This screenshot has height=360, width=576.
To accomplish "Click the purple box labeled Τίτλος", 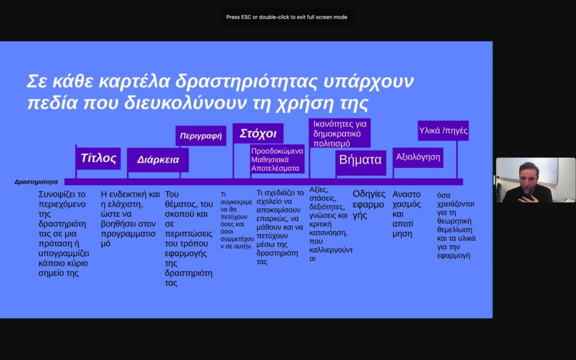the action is pos(98,158).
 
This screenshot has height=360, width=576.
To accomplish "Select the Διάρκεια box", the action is pos(158,160).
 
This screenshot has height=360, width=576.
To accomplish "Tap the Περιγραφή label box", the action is pos(201,136).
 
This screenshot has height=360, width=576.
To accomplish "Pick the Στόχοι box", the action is pos(258,133).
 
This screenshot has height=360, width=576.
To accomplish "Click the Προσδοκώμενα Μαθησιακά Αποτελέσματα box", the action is pos(277,159).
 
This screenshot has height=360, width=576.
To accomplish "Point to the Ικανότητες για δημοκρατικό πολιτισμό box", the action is pos(340,133).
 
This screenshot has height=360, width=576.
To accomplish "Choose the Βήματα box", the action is pos(361,160).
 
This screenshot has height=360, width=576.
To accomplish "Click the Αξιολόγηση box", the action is pos(418,157).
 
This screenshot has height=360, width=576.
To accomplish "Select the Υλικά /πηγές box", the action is pos(443,130).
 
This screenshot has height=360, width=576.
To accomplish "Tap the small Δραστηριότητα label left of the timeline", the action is pos(37,182).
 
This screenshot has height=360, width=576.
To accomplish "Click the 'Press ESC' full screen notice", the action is pos(286,17).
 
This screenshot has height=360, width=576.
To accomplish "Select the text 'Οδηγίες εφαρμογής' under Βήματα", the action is pos(369,205).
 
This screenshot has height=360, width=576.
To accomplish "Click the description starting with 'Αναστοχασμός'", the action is pos(406,214).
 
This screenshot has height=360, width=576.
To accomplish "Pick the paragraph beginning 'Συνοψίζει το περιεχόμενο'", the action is pos(64,233).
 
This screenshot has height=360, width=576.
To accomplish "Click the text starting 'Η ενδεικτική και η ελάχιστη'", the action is pos(130,219).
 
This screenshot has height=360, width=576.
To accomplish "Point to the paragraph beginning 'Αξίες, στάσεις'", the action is pos(331,224).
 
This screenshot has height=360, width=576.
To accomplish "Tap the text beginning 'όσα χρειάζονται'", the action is pos(456,226).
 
